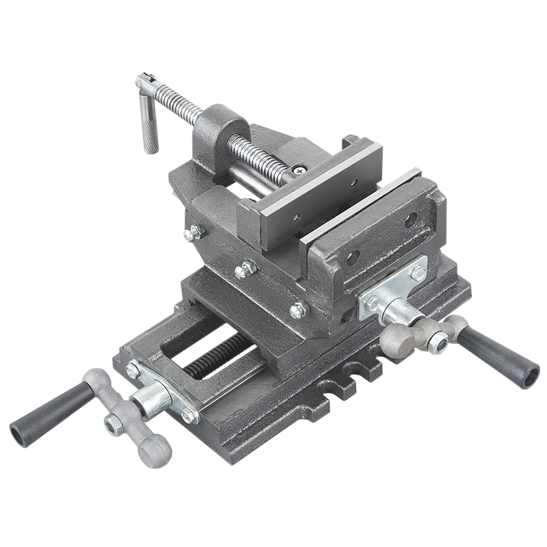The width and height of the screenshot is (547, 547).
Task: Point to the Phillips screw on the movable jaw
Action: [299, 169]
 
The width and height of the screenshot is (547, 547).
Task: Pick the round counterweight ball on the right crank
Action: [397, 339]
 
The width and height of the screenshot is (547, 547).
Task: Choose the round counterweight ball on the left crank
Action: [155, 449]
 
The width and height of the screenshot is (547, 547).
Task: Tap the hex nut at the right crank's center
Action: [436, 344]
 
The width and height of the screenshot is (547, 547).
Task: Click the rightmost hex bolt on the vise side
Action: [297, 310]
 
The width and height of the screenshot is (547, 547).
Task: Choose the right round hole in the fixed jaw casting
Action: [410, 220]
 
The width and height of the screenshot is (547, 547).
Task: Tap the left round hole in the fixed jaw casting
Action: [351, 258]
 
